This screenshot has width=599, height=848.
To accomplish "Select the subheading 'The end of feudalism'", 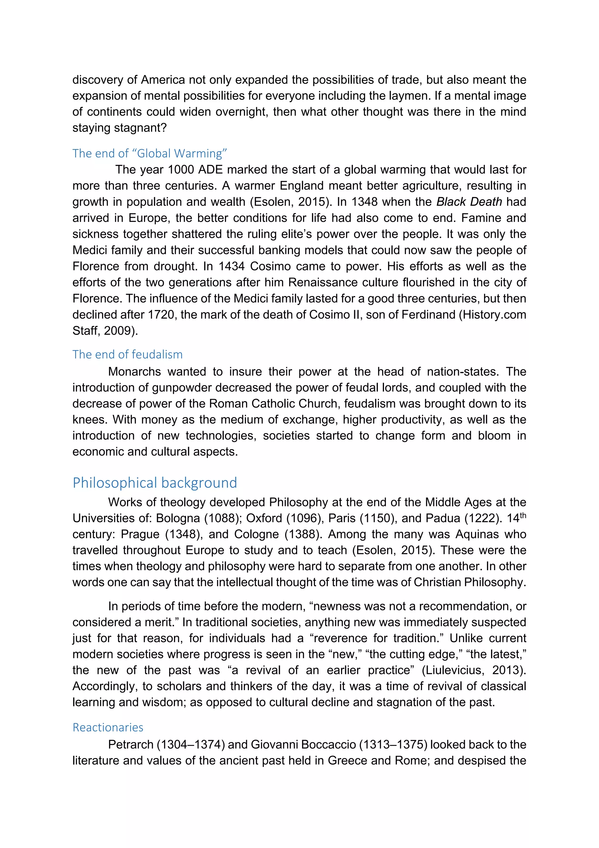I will pyautogui.click(x=127, y=355).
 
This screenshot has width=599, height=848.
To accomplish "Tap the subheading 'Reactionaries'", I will pyautogui.click(x=108, y=727).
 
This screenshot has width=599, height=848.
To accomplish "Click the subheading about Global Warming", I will pyautogui.click(x=149, y=153).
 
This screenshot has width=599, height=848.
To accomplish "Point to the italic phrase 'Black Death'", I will pyautogui.click(x=469, y=202).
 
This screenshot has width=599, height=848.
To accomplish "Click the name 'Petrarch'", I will pyautogui.click(x=131, y=745).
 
